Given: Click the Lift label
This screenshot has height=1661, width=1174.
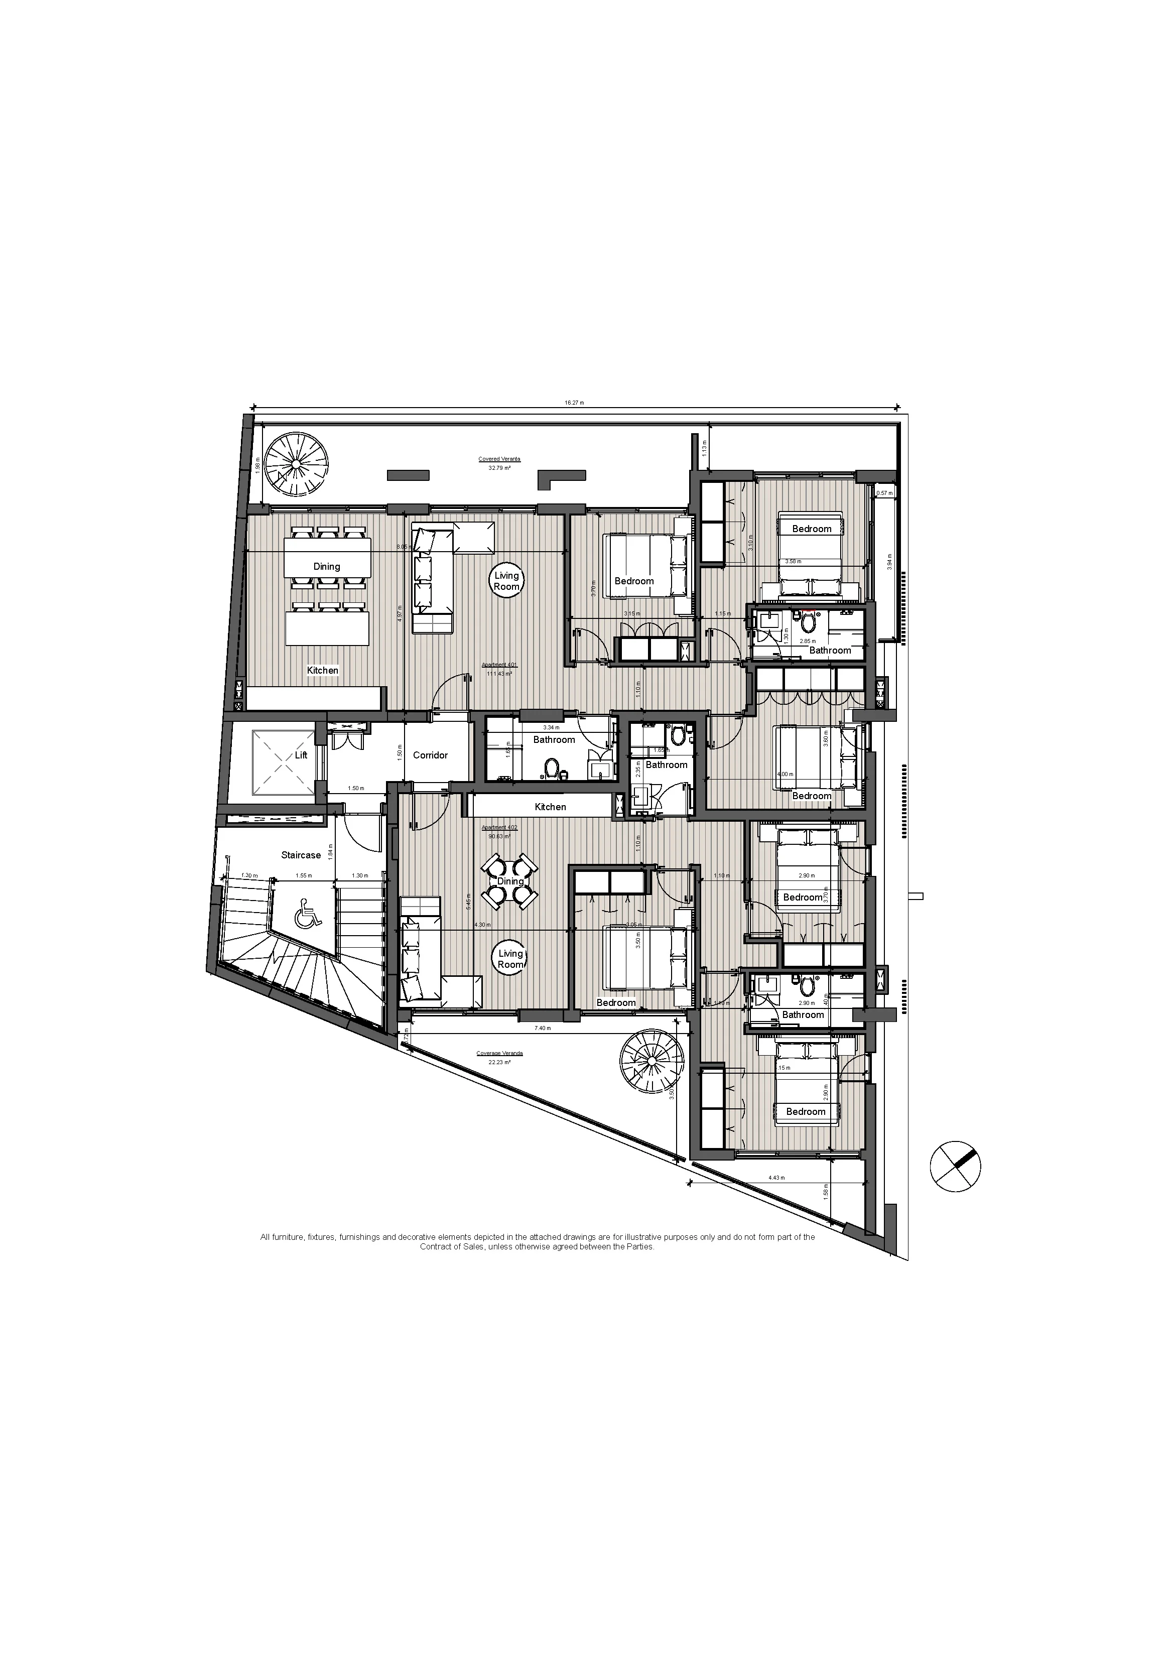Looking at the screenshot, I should click(301, 755).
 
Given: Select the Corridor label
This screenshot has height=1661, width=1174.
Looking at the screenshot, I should click(430, 755).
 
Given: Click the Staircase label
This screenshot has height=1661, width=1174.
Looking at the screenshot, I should click(301, 855).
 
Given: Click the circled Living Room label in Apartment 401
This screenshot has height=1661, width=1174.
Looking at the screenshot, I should click(506, 581).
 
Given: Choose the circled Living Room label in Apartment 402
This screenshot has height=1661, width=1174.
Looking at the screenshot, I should click(510, 959).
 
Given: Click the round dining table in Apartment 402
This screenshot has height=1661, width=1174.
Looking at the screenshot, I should click(510, 881).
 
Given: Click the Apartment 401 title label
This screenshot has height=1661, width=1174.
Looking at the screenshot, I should click(499, 665).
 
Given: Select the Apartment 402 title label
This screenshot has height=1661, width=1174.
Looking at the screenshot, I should click(499, 828).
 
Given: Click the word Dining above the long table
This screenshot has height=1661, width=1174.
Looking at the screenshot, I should click(326, 566).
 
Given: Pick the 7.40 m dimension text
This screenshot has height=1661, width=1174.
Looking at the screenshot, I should click(543, 1028).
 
